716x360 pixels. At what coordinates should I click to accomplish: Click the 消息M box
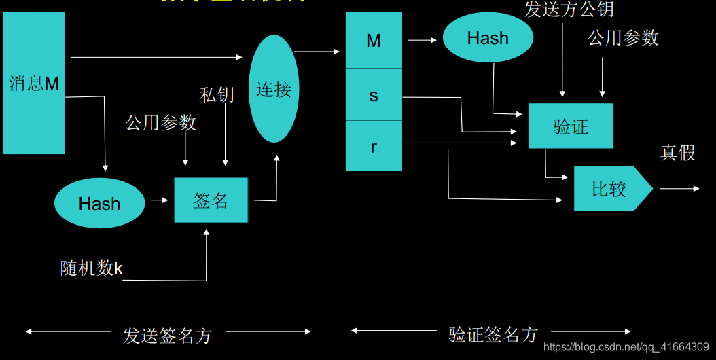pyautogui.click(x=34, y=83)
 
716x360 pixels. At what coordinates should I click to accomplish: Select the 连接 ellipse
pyautogui.click(x=274, y=89)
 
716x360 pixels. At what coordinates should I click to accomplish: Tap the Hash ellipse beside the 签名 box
pyautogui.click(x=99, y=203)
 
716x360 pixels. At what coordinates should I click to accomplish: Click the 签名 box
pyautogui.click(x=211, y=200)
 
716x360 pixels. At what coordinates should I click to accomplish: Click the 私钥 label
pyautogui.click(x=217, y=94)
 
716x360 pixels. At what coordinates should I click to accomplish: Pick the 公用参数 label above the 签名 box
pyautogui.click(x=161, y=122)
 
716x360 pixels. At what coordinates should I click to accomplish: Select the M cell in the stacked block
pyautogui.click(x=374, y=41)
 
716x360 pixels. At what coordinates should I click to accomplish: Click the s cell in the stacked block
pyautogui.click(x=374, y=95)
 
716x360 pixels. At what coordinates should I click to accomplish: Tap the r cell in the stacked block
pyautogui.click(x=374, y=146)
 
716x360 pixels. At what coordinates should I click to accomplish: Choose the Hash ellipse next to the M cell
pyautogui.click(x=488, y=38)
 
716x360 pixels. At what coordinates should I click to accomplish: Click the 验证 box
pyautogui.click(x=571, y=126)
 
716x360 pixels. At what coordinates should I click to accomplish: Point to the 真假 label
pyautogui.click(x=678, y=153)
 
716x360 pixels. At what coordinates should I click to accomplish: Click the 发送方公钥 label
pyautogui.click(x=569, y=10)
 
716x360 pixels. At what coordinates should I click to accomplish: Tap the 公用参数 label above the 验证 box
pyautogui.click(x=624, y=38)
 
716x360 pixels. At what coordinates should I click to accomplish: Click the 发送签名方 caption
pyautogui.click(x=168, y=336)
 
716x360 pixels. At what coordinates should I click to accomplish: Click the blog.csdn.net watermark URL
pyautogui.click(x=627, y=348)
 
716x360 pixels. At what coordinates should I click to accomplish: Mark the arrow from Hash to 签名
pyautogui.click(x=160, y=200)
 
